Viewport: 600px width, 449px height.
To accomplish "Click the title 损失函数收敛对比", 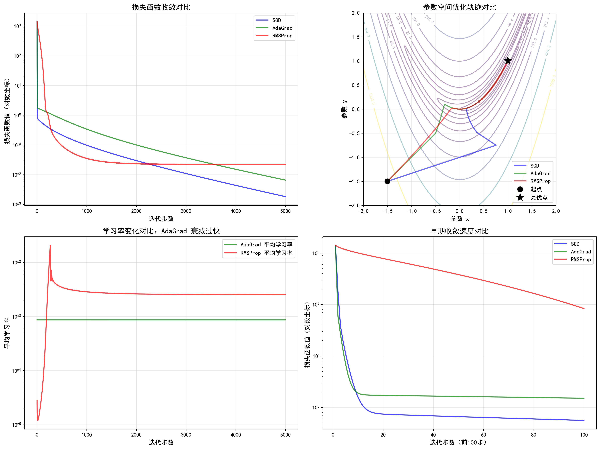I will [161, 7].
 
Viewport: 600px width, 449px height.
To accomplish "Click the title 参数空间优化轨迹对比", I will [459, 7].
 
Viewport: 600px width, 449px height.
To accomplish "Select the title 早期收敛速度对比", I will [459, 231].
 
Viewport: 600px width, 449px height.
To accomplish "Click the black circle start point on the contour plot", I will [387, 181].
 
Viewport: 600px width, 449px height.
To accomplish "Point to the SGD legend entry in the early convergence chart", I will [575, 244].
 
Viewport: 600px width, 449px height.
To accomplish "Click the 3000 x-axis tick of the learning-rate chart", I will [186, 435].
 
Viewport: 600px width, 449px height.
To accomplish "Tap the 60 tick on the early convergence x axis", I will [483, 435].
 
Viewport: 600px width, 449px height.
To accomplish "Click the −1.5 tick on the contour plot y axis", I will [354, 181].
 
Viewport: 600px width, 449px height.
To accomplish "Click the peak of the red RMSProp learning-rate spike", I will [50, 246].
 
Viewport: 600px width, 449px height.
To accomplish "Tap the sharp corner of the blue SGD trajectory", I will [496, 145].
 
